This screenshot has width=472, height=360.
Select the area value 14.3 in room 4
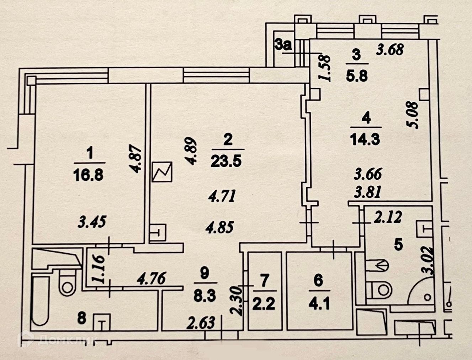tap(365, 139)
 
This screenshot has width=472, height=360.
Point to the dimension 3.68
tap(390, 49)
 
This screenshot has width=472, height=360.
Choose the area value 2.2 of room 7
tap(264, 304)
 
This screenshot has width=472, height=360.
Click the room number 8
tap(82, 318)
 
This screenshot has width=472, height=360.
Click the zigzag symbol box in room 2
tap(162, 171)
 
